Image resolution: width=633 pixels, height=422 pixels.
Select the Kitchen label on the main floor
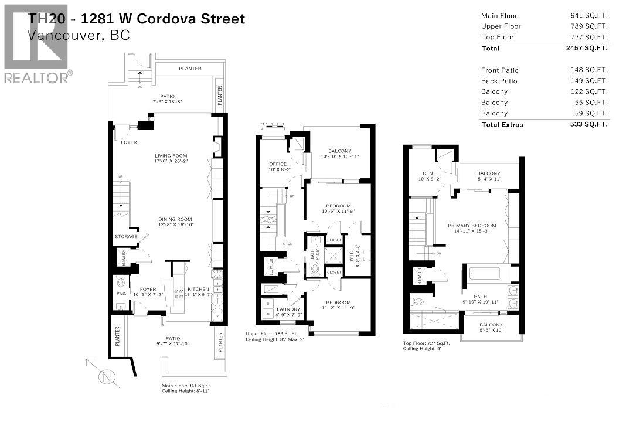(x=198, y=290)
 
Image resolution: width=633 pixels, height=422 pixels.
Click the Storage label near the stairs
(x=127, y=237)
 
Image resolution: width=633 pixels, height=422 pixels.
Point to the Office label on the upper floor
(x=277, y=164)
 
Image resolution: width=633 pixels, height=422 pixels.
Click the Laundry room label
(x=288, y=309)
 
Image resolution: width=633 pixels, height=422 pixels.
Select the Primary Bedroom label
(x=472, y=226)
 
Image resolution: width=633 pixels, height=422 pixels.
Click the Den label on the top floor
(x=427, y=173)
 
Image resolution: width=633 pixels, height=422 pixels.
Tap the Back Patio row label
(x=499, y=81)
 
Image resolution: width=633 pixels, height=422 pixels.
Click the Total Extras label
(x=502, y=124)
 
